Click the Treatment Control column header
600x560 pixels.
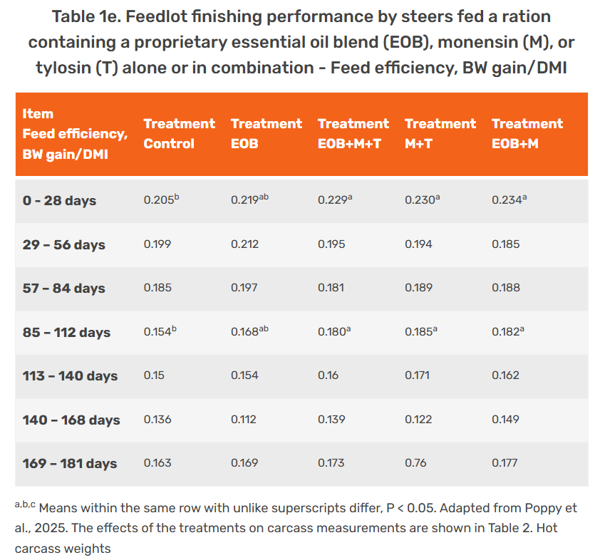click(x=179, y=133)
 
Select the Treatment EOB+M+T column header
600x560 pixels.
click(x=353, y=133)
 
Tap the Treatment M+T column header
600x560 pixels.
click(x=440, y=133)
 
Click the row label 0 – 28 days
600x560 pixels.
click(x=59, y=201)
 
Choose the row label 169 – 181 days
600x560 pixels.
click(x=69, y=464)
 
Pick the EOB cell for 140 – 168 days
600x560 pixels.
click(x=243, y=420)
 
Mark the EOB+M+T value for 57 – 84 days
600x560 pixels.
click(x=331, y=289)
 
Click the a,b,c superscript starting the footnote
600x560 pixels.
click(x=25, y=505)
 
